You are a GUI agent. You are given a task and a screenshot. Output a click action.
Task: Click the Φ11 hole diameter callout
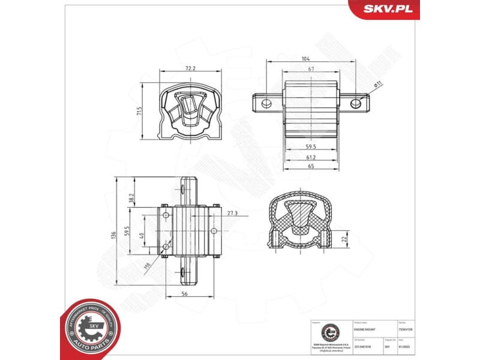coord(377,85)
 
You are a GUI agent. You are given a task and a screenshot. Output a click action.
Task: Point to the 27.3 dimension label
coord(233,212)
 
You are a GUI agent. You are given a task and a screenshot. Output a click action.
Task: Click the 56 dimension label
coord(184,294)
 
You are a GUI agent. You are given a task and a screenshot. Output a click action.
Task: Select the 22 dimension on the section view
coord(345,238)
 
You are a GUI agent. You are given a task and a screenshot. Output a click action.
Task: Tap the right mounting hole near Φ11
coord(356,104)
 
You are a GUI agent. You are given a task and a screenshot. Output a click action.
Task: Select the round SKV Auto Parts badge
coord(89,329)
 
